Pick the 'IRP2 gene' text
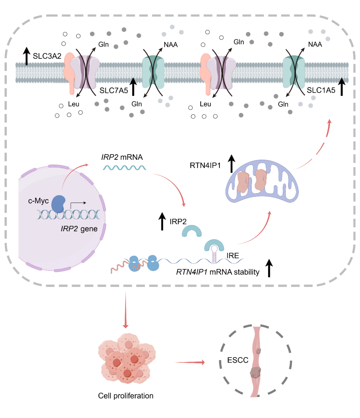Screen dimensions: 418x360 [x=79, y=229]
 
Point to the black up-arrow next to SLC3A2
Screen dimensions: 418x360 [x=27, y=56]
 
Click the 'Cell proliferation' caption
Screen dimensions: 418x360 [x=125, y=396]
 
